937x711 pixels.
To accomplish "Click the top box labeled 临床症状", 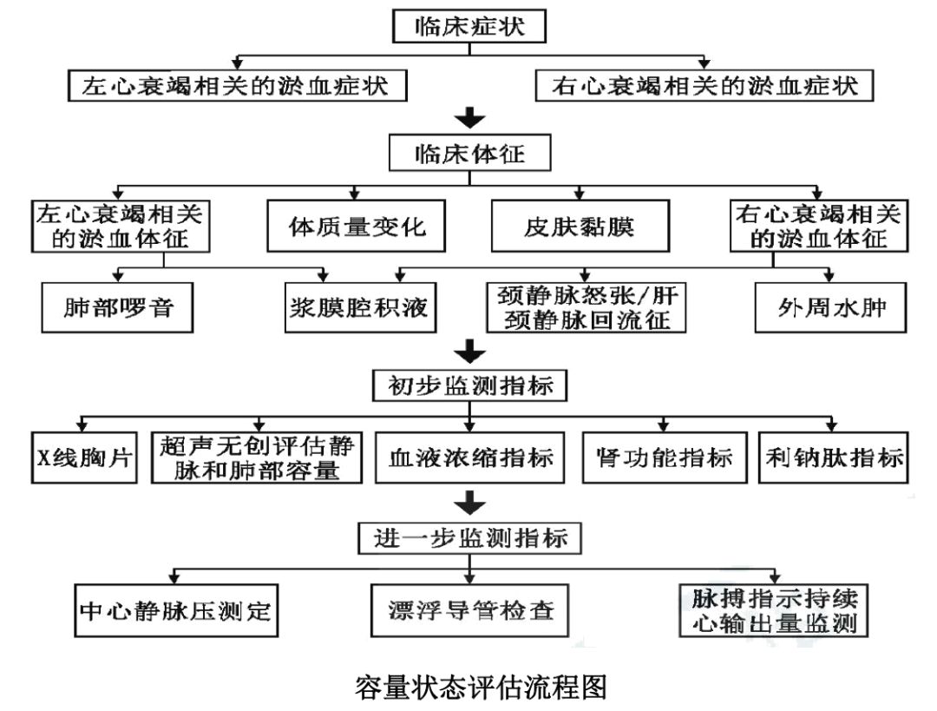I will click(x=469, y=26).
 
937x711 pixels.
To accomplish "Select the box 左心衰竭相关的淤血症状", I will click(x=237, y=87).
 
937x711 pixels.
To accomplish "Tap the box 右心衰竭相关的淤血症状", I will click(x=704, y=87).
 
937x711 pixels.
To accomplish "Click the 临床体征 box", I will click(x=469, y=155).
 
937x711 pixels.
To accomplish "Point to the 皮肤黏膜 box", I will click(x=580, y=227).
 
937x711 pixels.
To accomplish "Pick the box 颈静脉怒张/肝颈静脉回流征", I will click(x=586, y=307).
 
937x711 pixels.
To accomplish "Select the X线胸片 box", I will click(x=83, y=457).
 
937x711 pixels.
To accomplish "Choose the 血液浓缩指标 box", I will click(x=469, y=457).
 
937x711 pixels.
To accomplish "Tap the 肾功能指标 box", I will click(x=665, y=457).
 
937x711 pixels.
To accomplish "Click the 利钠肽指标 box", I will click(x=832, y=457).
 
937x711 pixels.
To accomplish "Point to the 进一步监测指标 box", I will click(x=469, y=537).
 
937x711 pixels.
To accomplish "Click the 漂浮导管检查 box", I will click(x=469, y=609).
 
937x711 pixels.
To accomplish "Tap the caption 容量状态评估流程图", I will click(x=469, y=686).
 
